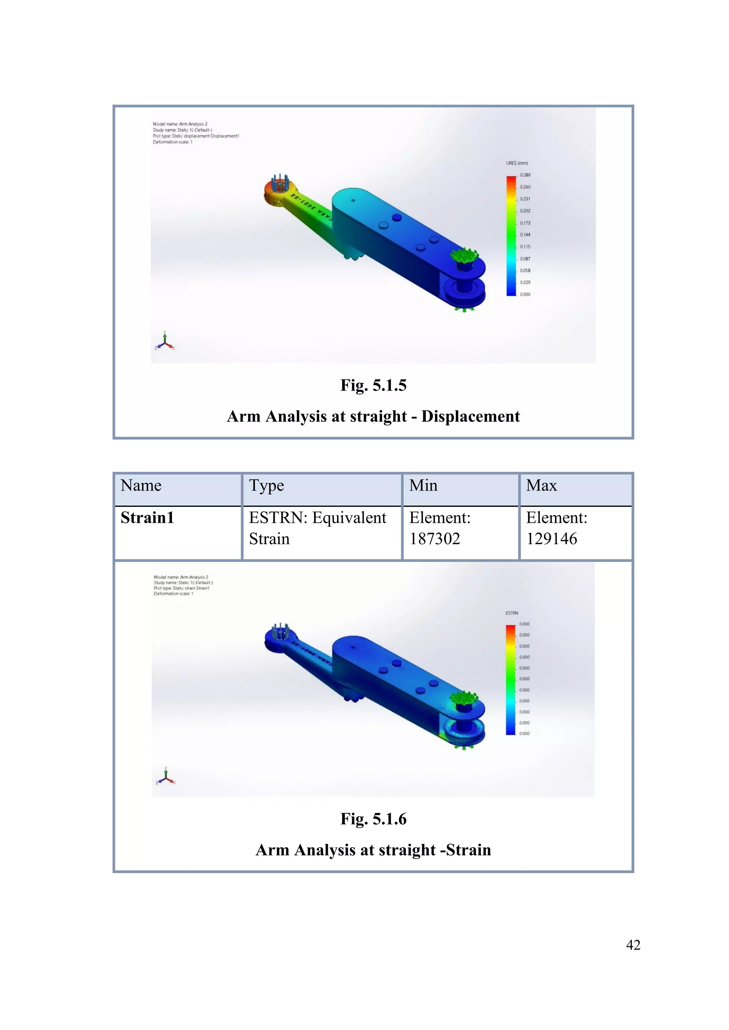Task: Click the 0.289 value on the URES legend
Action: [525, 175]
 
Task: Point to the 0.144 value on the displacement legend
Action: [525, 235]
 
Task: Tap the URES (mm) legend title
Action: [517, 163]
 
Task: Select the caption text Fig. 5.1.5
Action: [373, 385]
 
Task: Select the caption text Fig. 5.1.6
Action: [373, 819]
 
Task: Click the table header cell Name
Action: [141, 485]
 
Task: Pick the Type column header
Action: [266, 485]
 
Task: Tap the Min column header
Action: [423, 485]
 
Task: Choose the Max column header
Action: [541, 485]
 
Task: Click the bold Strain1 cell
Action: [147, 518]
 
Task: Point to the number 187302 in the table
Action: [435, 539]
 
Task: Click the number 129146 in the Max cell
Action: [551, 539]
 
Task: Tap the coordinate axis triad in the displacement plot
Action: [165, 342]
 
